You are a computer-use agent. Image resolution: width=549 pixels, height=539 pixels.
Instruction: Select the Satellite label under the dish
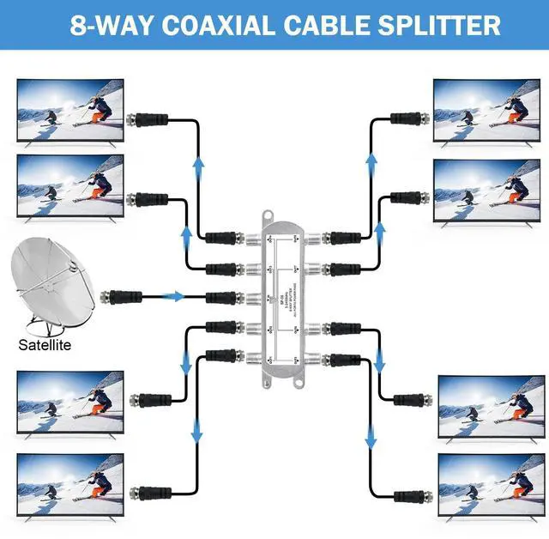[x=45, y=347]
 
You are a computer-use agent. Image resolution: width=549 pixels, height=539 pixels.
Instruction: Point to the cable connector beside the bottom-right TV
[x=410, y=496]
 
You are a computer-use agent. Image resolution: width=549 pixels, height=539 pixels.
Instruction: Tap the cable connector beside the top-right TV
[x=406, y=118]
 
